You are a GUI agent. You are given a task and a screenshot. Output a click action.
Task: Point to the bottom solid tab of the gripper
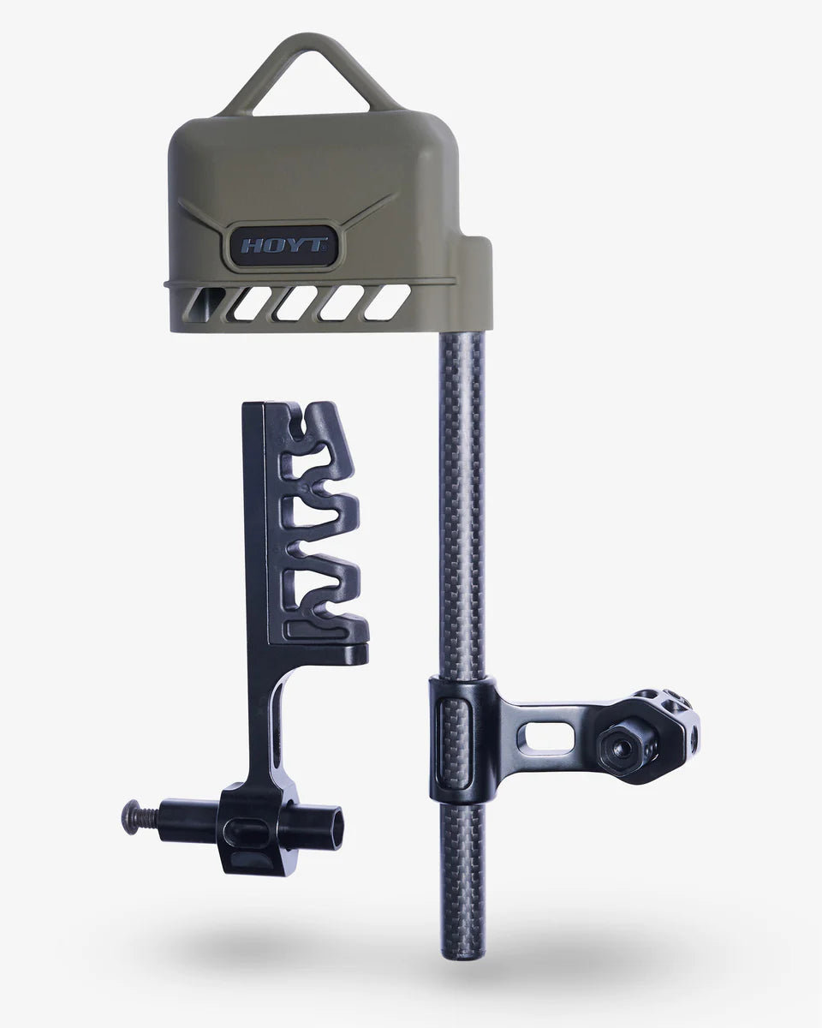tap(330, 631)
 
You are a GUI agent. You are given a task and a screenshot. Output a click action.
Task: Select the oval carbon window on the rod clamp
tap(451, 738)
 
